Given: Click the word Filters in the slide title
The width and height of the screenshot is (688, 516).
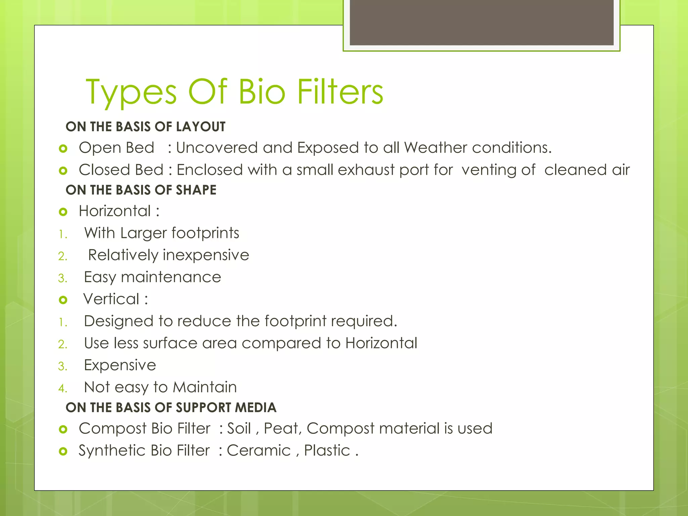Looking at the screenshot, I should click(x=340, y=92).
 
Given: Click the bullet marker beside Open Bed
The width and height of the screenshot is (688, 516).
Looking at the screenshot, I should click(x=63, y=148).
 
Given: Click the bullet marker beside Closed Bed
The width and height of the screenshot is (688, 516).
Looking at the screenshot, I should click(x=63, y=171).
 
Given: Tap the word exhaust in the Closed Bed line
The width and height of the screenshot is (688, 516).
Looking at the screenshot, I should click(x=366, y=170).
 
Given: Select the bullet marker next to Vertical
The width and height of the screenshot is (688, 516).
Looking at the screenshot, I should click(x=63, y=300).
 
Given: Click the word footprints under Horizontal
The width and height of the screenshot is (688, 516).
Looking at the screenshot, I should click(x=205, y=233).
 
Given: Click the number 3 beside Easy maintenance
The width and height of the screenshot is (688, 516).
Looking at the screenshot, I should click(x=62, y=278).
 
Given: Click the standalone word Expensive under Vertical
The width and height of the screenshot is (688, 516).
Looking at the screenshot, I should click(x=120, y=365).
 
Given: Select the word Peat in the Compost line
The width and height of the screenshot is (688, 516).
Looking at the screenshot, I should click(x=282, y=428).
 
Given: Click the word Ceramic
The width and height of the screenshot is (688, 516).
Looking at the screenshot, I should click(x=259, y=450).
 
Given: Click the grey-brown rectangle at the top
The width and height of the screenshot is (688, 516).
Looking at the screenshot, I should click(x=481, y=22).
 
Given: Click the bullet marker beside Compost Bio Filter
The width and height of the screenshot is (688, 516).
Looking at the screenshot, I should click(x=63, y=429).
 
